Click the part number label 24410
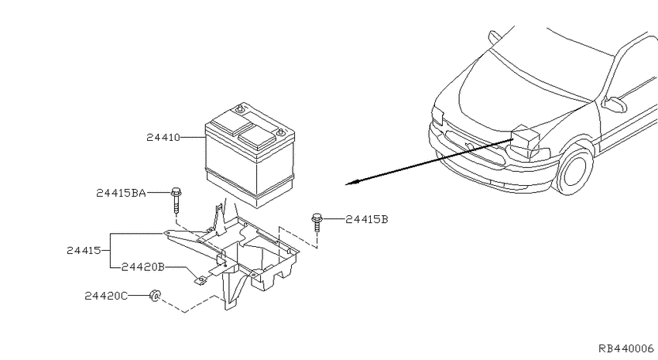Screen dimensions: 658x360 (163, 137)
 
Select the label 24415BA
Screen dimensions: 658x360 (121, 193)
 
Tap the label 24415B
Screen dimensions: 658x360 (367, 219)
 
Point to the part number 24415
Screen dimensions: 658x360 (84, 251)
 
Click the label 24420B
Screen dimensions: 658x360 (142, 267)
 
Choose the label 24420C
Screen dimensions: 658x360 (106, 296)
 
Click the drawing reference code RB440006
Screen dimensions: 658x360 (626, 348)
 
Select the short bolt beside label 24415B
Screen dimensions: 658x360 (317, 222)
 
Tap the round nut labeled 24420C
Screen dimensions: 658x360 (154, 295)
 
